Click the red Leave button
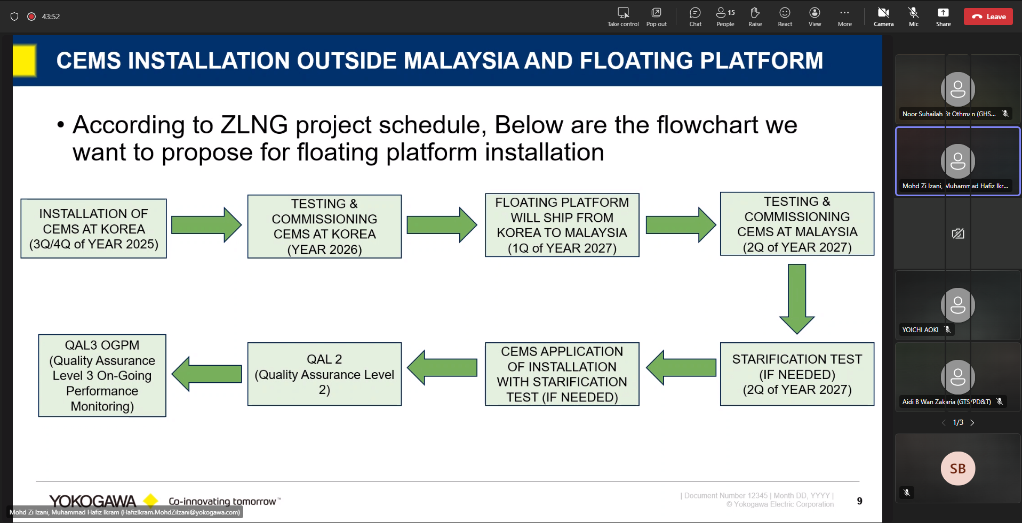coord(988,17)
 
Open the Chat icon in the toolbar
coord(695,13)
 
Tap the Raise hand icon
coord(755,13)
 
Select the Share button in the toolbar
coord(943,13)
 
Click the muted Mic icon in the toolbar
coord(913,13)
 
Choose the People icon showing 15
coord(725,13)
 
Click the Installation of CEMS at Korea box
coord(93,229)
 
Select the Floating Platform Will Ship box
coord(562,225)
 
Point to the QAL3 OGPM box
coord(102,375)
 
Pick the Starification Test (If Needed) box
coord(797,374)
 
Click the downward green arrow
coord(796,299)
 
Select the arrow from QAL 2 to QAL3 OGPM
coord(206,374)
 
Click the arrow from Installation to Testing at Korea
coord(206,225)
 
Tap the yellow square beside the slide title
coord(25,60)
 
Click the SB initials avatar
coord(957,469)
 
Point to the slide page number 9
coord(859,501)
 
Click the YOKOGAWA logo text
coord(92,501)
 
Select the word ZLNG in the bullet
coord(254,125)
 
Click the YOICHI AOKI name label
coord(920,330)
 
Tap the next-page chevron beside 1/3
coord(972,423)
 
